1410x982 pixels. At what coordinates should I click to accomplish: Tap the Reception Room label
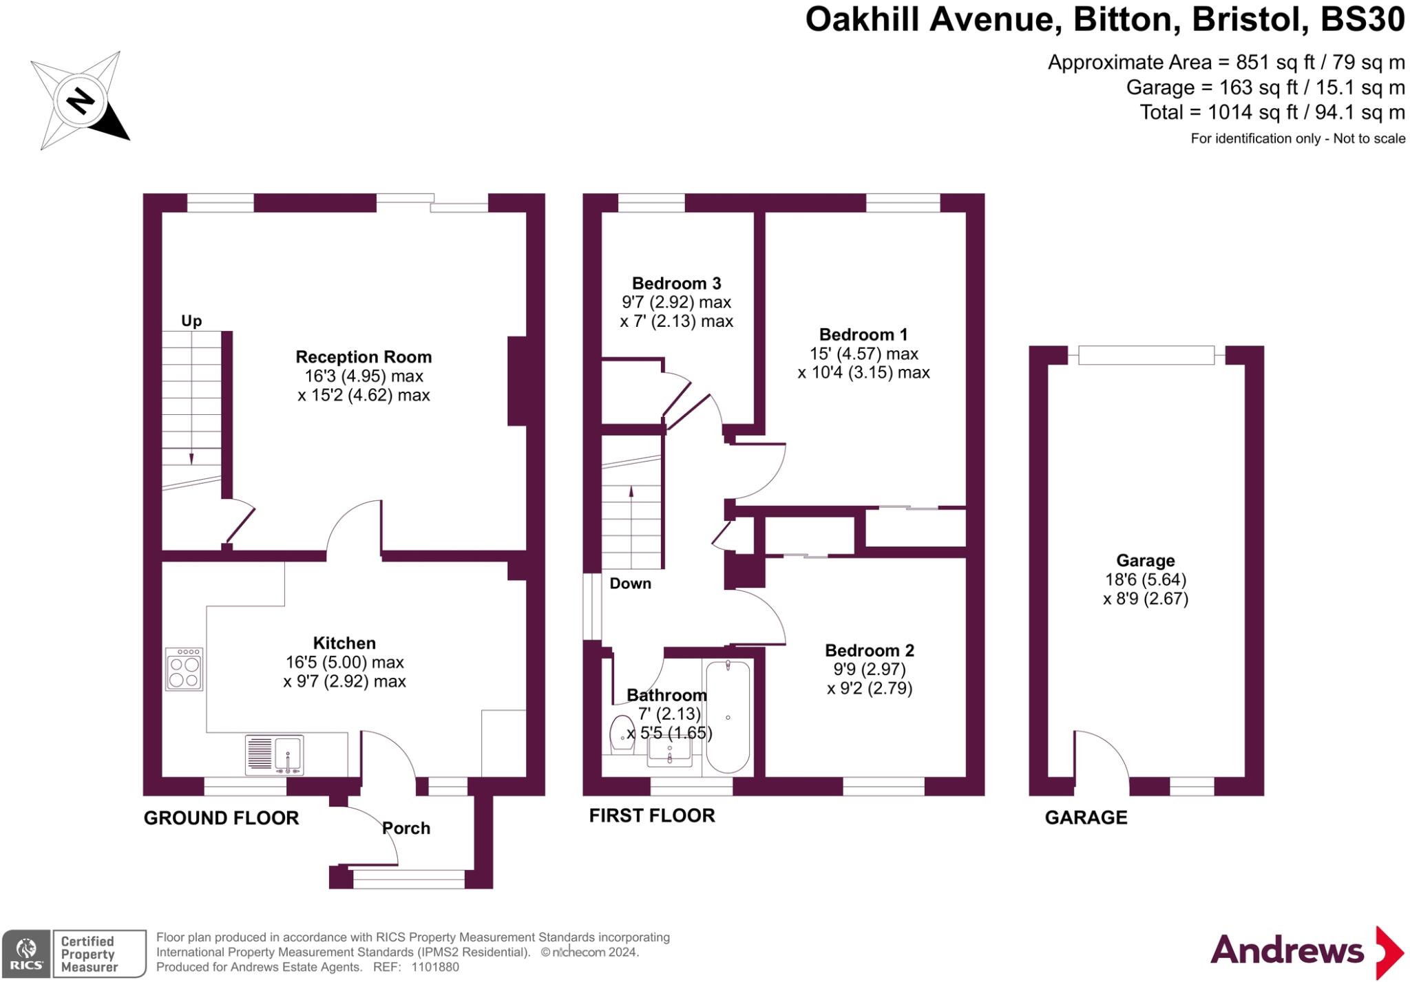364,357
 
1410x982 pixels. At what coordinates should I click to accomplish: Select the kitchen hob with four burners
185,670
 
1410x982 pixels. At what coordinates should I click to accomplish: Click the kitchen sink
275,755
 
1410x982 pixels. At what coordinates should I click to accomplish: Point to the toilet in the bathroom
623,734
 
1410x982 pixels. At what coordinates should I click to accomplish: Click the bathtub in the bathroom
728,717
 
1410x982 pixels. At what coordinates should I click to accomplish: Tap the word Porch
406,829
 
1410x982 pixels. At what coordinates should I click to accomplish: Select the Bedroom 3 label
676,284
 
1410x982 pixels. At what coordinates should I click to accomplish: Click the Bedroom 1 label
863,335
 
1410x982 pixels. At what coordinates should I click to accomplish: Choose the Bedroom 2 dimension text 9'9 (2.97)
869,670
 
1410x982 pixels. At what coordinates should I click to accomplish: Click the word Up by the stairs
191,321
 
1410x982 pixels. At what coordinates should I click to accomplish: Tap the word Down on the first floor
630,584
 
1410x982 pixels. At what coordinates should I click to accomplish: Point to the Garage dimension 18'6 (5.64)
1146,580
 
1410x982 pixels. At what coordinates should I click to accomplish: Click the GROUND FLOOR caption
221,818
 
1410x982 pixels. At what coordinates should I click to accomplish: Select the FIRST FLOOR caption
652,816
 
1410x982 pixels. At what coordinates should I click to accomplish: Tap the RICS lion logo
26,953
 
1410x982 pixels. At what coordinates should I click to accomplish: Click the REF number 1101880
435,967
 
